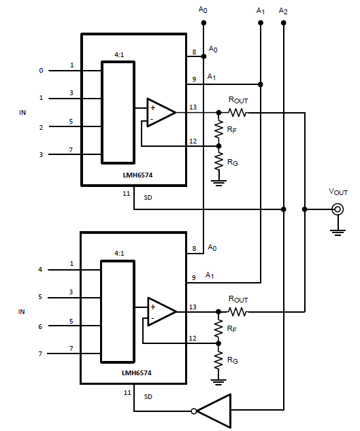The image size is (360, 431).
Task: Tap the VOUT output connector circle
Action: pos(337,209)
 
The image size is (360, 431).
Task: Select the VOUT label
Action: pos(338,192)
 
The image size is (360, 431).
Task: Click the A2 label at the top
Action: pos(284,12)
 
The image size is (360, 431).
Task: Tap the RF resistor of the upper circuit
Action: pos(218,128)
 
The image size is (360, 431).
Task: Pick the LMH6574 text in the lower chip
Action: pos(137,373)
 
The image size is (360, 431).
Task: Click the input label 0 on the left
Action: pos(41,71)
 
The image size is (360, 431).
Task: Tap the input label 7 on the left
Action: pos(41,354)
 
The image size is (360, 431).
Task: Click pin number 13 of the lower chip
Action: pos(194,307)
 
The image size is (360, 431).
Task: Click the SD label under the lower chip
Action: pos(148,396)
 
